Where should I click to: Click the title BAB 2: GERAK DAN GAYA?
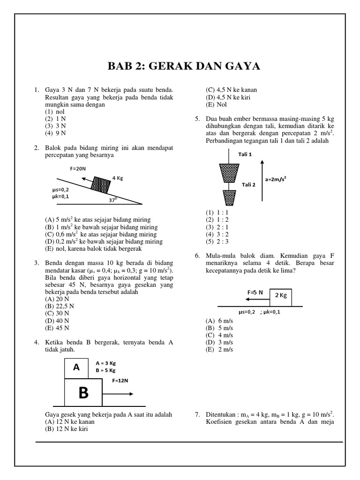click(184, 66)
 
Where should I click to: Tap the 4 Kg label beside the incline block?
click(118, 178)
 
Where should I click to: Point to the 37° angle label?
click(113, 199)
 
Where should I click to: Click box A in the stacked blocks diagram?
click(76, 368)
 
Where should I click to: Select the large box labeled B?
click(83, 393)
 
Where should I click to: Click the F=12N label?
click(120, 381)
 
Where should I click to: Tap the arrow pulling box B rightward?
click(118, 393)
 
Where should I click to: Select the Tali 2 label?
click(248, 184)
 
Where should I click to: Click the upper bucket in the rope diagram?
click(229, 173)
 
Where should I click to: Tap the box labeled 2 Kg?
click(280, 295)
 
